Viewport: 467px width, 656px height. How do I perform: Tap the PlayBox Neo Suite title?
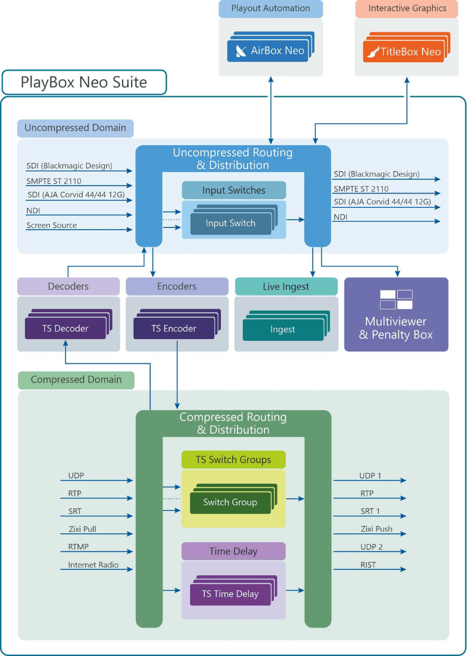(84, 83)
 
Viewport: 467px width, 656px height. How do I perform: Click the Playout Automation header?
(271, 9)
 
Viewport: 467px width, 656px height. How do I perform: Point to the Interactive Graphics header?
(407, 9)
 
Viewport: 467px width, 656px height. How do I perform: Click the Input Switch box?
(230, 224)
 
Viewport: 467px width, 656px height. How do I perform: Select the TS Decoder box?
(65, 329)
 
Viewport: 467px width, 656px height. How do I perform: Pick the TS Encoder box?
(174, 329)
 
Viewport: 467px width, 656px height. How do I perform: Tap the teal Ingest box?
(283, 330)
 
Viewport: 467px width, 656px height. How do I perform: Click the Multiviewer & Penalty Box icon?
(397, 299)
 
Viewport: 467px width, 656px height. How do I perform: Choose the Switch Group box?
(230, 502)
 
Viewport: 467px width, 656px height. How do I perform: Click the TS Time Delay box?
(230, 594)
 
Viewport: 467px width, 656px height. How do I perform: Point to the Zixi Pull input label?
(82, 529)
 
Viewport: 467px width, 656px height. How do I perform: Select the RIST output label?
(367, 565)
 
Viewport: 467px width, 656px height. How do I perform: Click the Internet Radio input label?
(93, 565)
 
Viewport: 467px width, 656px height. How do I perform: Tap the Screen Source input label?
(52, 225)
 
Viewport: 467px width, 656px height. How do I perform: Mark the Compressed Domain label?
(76, 380)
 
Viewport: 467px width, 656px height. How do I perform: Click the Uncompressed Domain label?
(75, 128)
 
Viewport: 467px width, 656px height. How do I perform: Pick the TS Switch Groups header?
(233, 460)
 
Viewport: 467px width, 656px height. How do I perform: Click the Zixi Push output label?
(376, 529)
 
